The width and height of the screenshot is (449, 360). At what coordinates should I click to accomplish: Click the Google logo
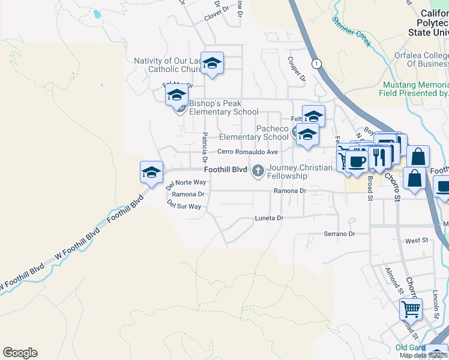pos(20,353)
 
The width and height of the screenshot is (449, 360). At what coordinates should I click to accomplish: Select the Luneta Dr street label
pos(268,218)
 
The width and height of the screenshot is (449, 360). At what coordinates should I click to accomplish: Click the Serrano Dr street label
pos(339,233)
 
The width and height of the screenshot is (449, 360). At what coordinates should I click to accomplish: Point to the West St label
pos(416,241)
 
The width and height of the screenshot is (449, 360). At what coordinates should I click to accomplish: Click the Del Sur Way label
pos(184,205)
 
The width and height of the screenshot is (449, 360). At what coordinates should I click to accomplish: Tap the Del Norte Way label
pos(186,182)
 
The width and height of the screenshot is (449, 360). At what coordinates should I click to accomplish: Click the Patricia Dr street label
pos(205,148)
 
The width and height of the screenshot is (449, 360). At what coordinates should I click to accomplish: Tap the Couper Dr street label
pos(297,69)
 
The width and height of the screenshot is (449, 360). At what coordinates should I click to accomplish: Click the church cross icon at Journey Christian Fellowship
pos(259,171)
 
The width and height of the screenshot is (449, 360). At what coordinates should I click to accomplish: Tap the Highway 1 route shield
pos(316,63)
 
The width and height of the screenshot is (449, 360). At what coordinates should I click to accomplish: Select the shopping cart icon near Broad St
pos(411,310)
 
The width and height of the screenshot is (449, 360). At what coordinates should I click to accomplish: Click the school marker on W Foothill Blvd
pos(151,173)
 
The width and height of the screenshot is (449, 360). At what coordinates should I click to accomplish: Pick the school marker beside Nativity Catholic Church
pos(212,63)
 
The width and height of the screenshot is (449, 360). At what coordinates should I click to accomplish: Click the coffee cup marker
pos(357,161)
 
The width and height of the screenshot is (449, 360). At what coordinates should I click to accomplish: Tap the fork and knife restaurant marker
pos(379,157)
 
